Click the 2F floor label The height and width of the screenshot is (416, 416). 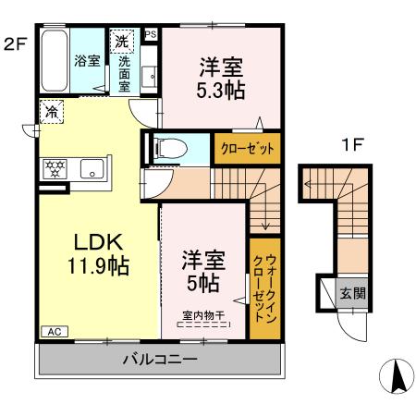coord(14,43)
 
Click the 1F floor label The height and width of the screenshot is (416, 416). coord(349,145)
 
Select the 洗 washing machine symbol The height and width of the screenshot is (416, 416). coord(121,42)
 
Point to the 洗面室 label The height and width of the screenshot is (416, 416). coord(124,74)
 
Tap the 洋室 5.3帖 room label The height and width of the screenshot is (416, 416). coord(218,78)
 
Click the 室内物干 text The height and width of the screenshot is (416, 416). coord(202,315)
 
